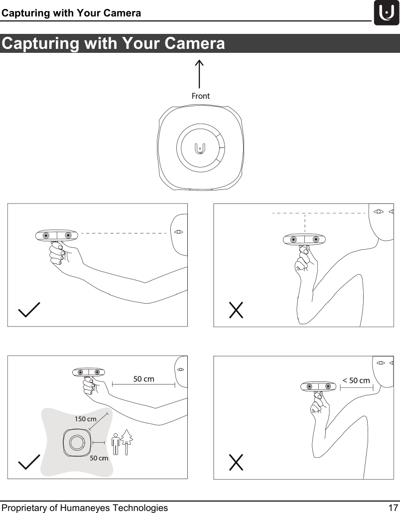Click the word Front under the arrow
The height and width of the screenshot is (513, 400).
(x=201, y=96)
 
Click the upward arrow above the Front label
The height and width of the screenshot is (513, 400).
(x=199, y=74)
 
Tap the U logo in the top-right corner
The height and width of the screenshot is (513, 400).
(x=387, y=13)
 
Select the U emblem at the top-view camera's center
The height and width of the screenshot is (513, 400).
(x=199, y=148)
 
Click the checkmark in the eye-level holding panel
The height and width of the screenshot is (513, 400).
(x=29, y=310)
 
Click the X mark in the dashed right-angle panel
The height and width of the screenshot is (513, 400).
(x=236, y=310)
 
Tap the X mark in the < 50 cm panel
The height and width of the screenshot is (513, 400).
(x=236, y=462)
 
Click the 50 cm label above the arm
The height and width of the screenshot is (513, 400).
(x=143, y=379)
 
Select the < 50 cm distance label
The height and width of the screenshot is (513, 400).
(x=356, y=381)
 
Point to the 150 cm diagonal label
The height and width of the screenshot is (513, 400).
(x=86, y=419)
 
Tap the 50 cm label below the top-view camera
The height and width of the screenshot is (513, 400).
(x=99, y=458)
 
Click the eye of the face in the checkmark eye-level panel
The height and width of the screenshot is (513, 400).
(x=179, y=232)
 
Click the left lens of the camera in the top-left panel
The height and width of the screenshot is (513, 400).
(x=46, y=235)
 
